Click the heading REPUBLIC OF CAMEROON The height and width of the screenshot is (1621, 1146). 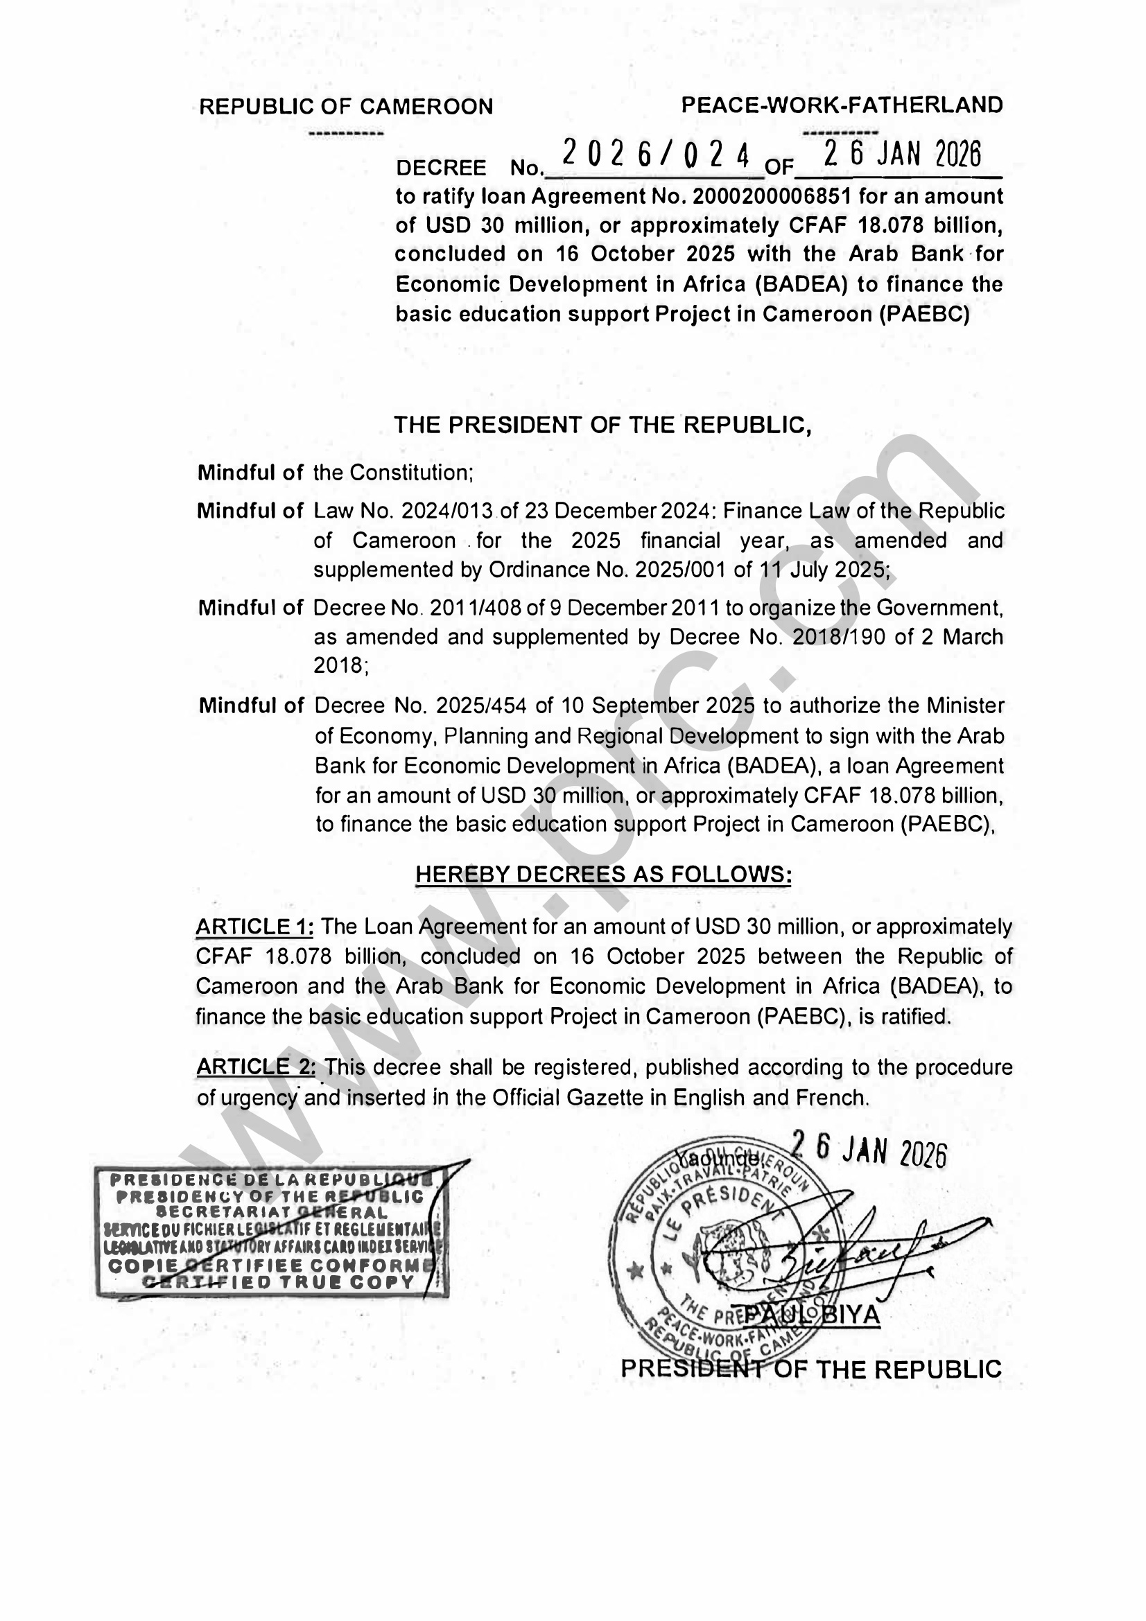pos(346,107)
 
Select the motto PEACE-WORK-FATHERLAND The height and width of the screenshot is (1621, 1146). pos(842,105)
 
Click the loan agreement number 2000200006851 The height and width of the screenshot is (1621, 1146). pos(772,196)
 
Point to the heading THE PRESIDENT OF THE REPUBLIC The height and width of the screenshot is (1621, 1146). pos(602,425)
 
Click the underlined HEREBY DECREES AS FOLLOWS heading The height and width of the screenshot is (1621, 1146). pos(603,875)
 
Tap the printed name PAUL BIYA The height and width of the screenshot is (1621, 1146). pos(812,1315)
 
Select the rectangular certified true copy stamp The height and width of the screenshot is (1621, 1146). pos(271,1233)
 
